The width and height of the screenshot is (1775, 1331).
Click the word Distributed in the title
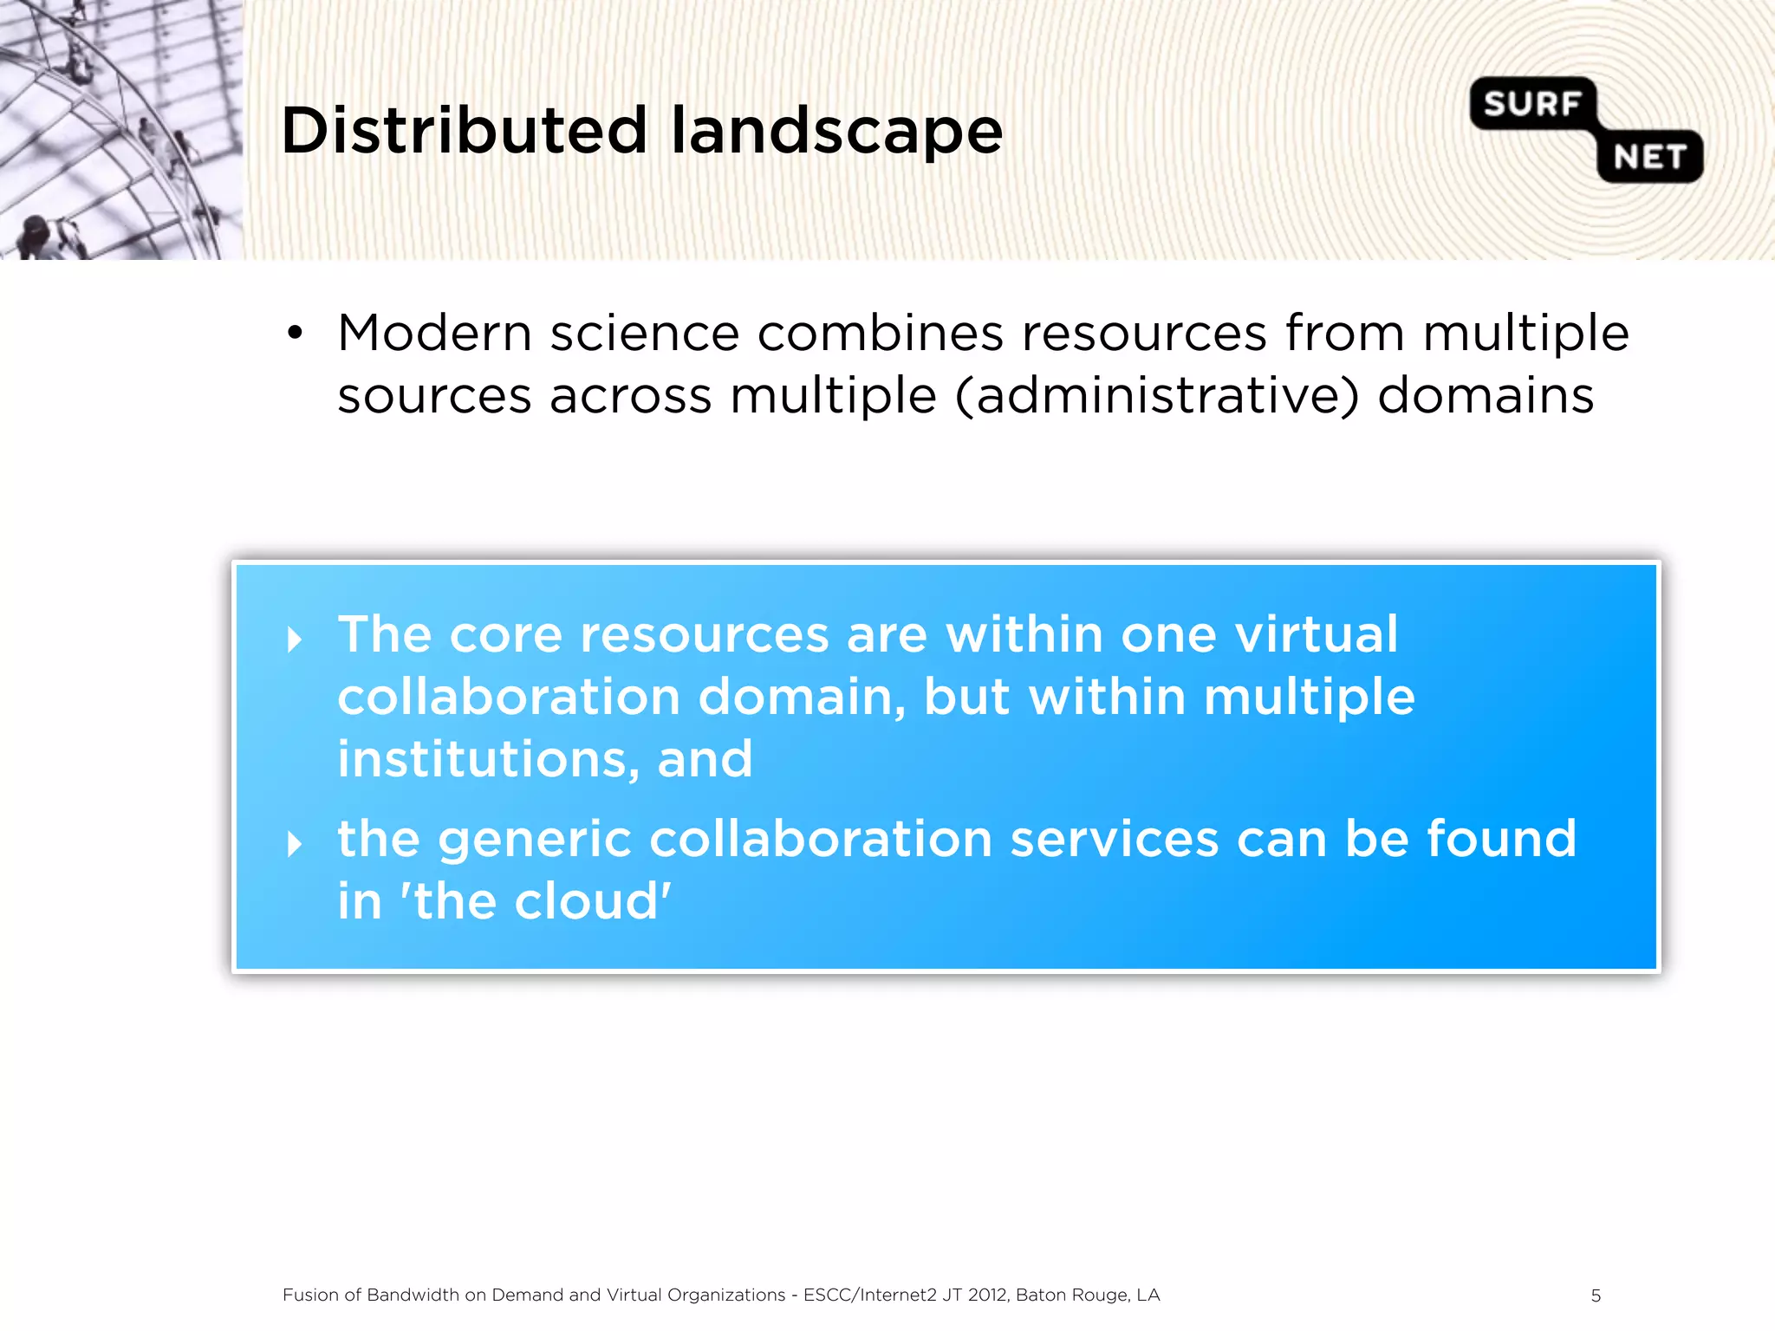click(x=464, y=131)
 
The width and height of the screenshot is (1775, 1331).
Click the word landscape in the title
click(x=836, y=133)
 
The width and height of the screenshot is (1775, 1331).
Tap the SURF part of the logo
click(x=1531, y=104)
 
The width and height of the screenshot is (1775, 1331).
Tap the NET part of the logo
click(x=1649, y=158)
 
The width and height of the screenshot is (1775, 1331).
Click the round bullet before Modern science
click(x=295, y=333)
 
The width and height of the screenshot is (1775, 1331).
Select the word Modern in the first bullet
click(x=434, y=333)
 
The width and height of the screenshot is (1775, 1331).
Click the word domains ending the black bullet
click(x=1486, y=396)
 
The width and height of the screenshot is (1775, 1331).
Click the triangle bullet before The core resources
click(x=295, y=640)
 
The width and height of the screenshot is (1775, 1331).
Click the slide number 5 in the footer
click(x=1596, y=1295)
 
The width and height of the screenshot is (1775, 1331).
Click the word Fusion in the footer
click(x=309, y=1295)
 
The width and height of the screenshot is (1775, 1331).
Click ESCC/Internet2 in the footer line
click(x=869, y=1295)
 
